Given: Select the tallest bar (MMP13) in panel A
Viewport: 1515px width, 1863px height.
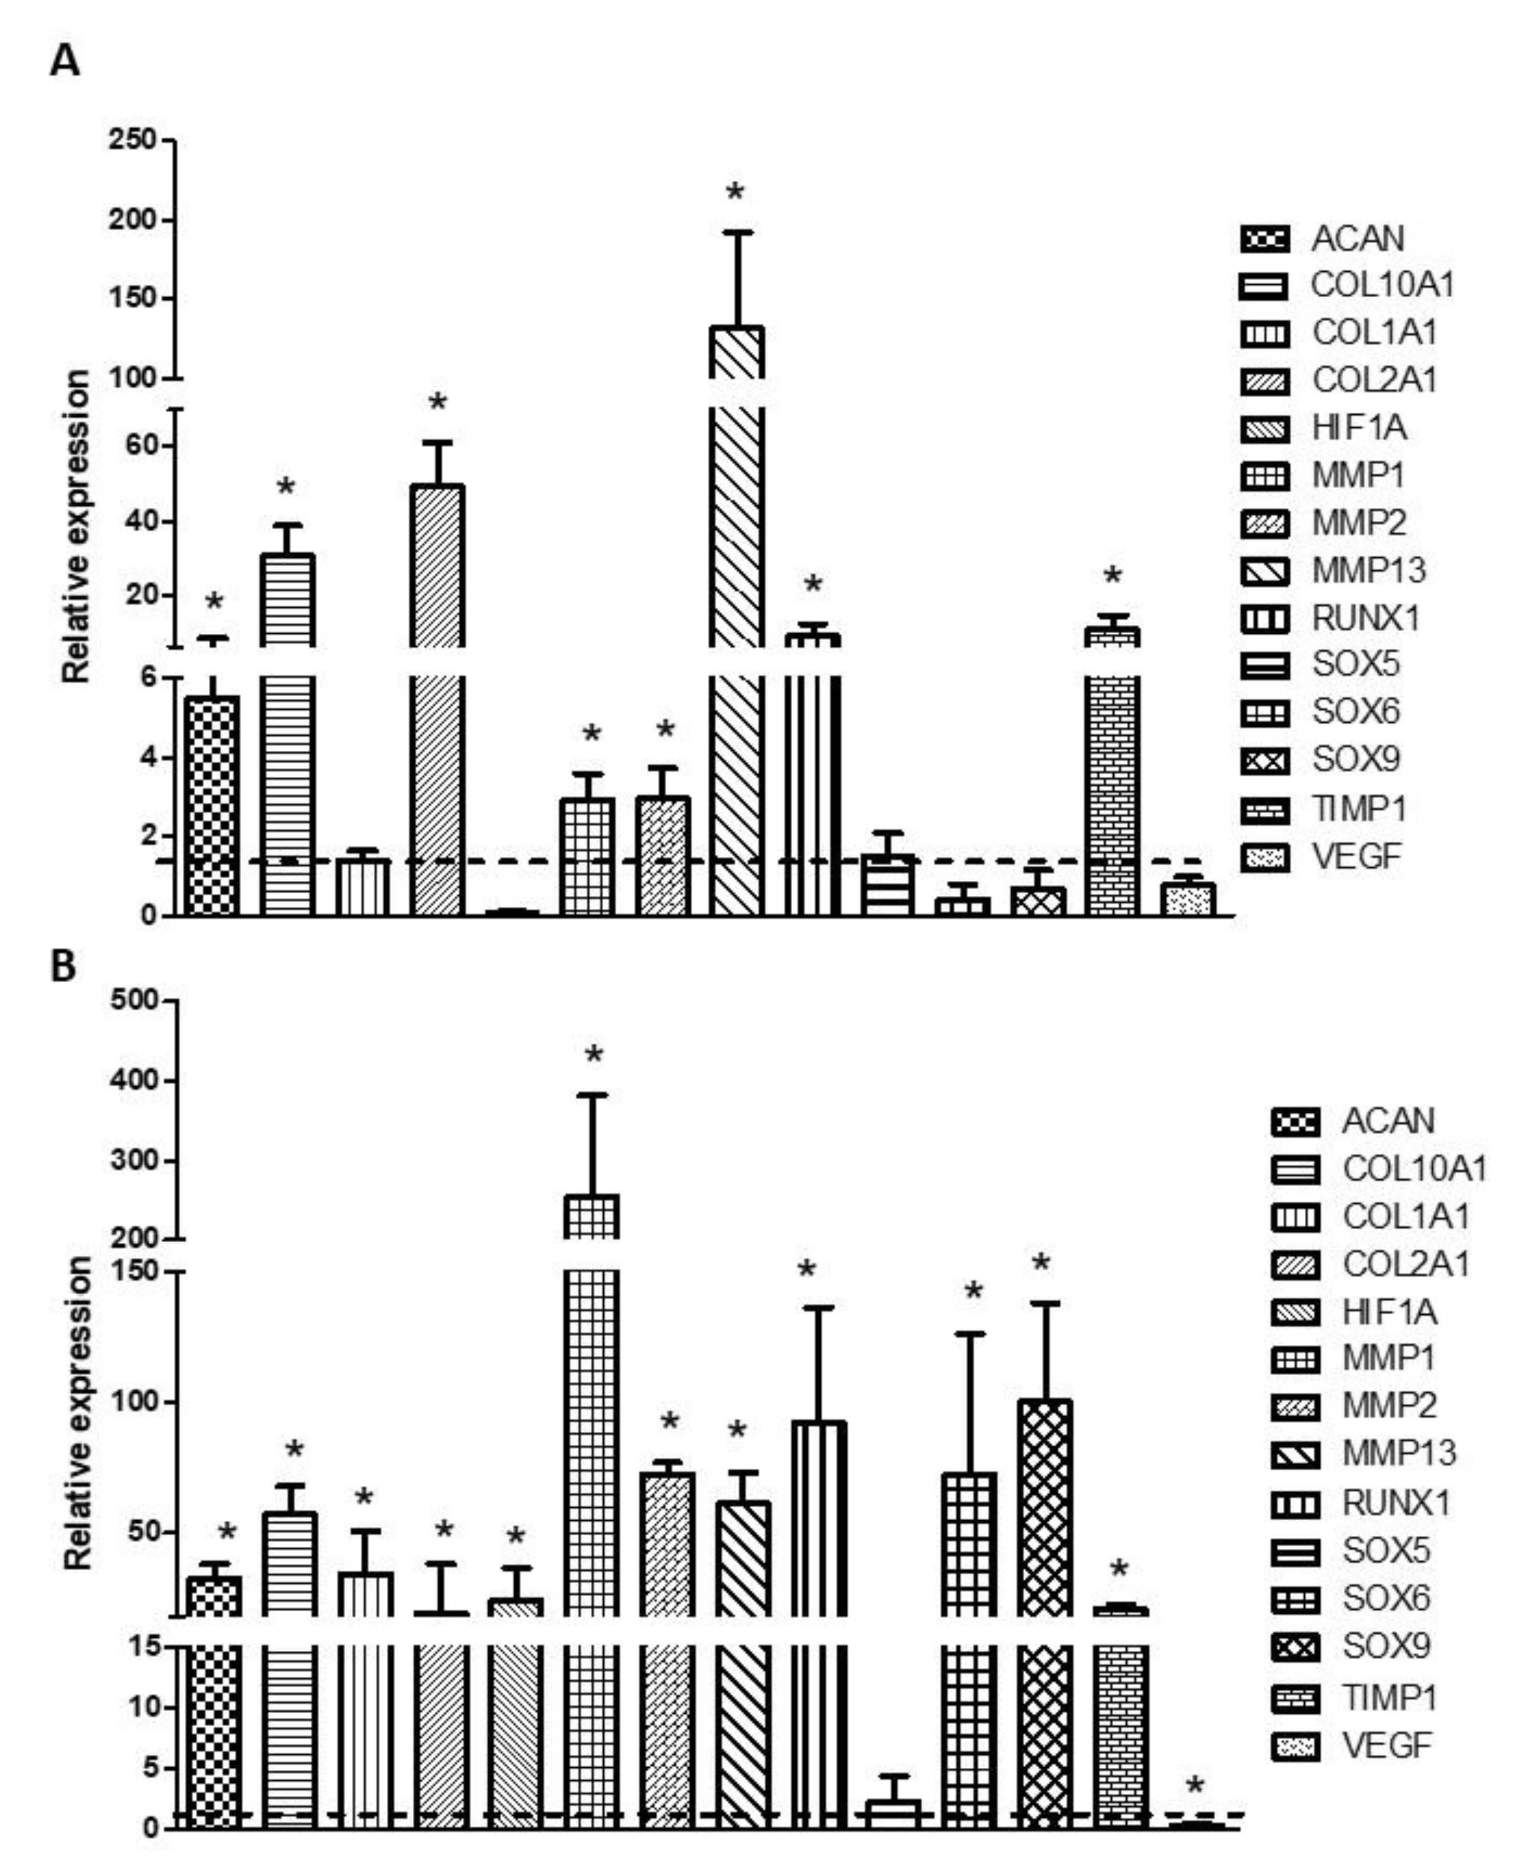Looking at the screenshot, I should pyautogui.click(x=737, y=611).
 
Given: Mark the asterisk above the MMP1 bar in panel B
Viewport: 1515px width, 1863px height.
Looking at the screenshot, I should pyautogui.click(x=594, y=1055).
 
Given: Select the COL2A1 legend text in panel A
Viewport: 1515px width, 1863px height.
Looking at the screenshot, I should pyautogui.click(x=1374, y=380).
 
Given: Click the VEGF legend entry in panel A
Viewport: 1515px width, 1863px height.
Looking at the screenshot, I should pyautogui.click(x=1355, y=856).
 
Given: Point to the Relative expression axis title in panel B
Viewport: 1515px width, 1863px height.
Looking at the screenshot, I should pyautogui.click(x=78, y=1413).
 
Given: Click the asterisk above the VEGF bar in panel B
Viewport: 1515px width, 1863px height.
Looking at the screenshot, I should pyautogui.click(x=1195, y=1785).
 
